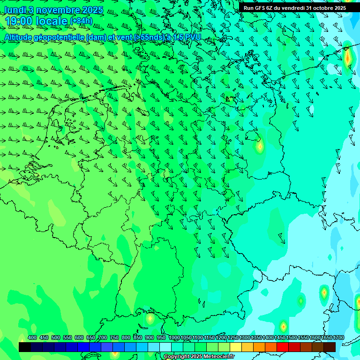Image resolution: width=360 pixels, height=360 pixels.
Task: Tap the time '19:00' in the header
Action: click(x=19, y=21)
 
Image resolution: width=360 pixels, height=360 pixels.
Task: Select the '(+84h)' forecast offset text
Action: click(x=81, y=21)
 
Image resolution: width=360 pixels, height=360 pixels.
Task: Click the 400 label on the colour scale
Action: click(x=32, y=337)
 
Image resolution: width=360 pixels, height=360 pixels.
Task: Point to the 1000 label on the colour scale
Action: click(x=174, y=337)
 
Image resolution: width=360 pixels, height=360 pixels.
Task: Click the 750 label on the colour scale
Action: click(x=114, y=337)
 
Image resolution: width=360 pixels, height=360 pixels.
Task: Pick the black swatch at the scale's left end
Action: click(x=25, y=347)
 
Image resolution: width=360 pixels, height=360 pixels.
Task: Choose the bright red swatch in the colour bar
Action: click(x=283, y=347)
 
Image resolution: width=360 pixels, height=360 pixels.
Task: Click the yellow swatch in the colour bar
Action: click(x=236, y=347)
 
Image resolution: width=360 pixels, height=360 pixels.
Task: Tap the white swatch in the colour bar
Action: click(x=165, y=347)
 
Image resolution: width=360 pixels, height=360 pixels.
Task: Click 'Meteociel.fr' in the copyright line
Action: click(x=218, y=357)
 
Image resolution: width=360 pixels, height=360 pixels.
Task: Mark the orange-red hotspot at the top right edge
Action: click(x=347, y=57)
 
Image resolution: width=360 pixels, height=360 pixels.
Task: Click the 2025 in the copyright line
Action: click(x=196, y=357)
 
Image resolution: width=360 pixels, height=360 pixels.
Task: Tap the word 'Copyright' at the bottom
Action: click(x=176, y=357)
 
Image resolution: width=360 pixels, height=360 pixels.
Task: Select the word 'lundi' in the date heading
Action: click(x=15, y=10)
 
